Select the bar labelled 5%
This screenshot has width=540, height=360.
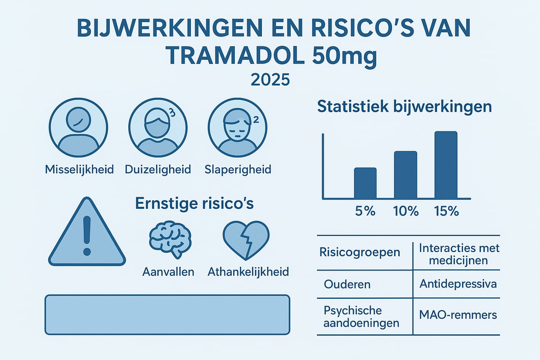pyautogui.click(x=365, y=183)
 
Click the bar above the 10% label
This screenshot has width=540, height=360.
pyautogui.click(x=405, y=175)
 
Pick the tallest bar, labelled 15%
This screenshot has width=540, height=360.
pyautogui.click(x=445, y=165)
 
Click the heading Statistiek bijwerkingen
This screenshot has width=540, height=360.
pyautogui.click(x=404, y=107)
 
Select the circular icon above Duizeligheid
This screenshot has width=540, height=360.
pyautogui.click(x=157, y=127)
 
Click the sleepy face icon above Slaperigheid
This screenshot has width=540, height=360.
pyautogui.click(x=237, y=127)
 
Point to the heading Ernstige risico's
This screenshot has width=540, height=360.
pyautogui.click(x=194, y=204)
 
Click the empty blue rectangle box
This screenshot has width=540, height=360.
pyautogui.click(x=166, y=315)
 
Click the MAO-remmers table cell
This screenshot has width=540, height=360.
pyautogui.click(x=457, y=315)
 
